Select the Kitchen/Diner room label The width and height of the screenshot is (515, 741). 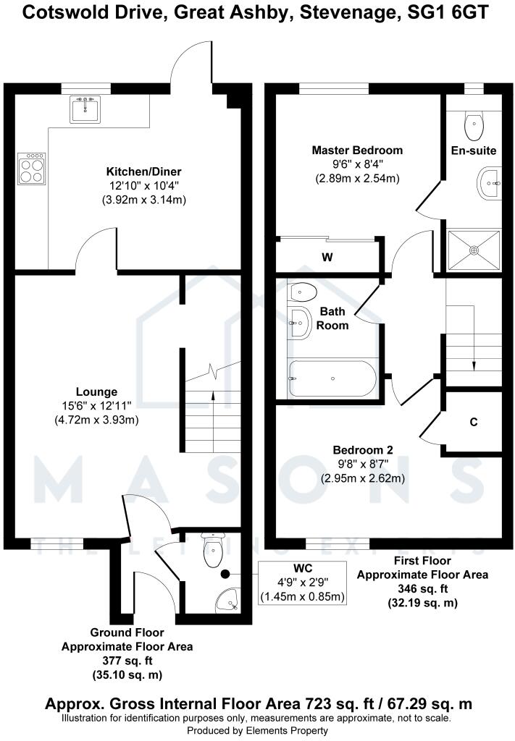(x=143, y=172)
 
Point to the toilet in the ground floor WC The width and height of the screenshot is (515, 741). (x=213, y=553)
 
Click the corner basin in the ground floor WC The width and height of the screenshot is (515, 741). (x=229, y=599)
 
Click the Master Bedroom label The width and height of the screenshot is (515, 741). (x=356, y=151)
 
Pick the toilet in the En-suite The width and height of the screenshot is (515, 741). (x=474, y=127)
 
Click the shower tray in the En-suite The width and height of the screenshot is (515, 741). (x=474, y=250)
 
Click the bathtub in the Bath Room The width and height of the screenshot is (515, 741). (x=332, y=378)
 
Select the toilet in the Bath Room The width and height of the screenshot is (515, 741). (x=302, y=292)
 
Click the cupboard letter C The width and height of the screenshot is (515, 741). (x=474, y=422)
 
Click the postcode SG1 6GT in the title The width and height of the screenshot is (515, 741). (x=451, y=12)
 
